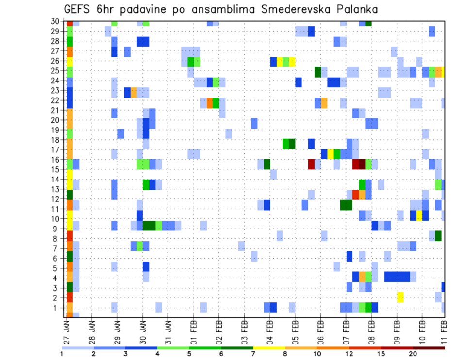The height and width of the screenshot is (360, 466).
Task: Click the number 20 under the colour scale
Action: pos(413,353)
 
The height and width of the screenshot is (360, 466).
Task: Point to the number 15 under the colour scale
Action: pos(382,353)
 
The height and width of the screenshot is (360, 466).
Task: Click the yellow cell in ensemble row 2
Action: pos(400,297)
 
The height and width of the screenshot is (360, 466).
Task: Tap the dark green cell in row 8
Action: pos(438,236)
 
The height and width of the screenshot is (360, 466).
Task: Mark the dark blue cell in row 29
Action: pos(311,32)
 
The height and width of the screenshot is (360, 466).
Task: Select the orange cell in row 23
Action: pos(133,92)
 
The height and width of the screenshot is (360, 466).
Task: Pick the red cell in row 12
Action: pos(356,195)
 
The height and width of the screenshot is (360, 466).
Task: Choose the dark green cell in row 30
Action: pos(368,23)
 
